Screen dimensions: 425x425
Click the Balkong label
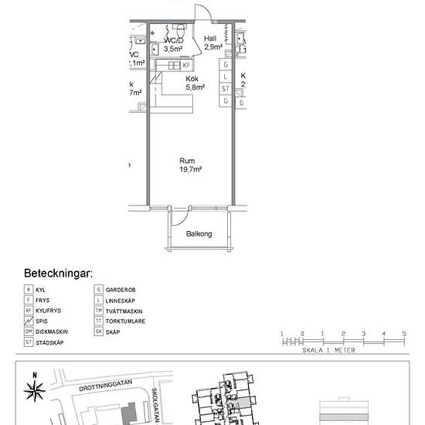tap(199, 233)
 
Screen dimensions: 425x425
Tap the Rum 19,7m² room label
tap(191, 165)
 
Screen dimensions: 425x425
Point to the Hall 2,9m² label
tap(212, 42)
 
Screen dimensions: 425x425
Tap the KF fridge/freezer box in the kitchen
tap(186, 66)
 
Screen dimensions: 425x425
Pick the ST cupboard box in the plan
tap(225, 89)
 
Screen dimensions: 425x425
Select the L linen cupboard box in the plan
tap(225, 77)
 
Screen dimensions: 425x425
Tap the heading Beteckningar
tap(59, 274)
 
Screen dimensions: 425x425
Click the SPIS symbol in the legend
tap(29, 320)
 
